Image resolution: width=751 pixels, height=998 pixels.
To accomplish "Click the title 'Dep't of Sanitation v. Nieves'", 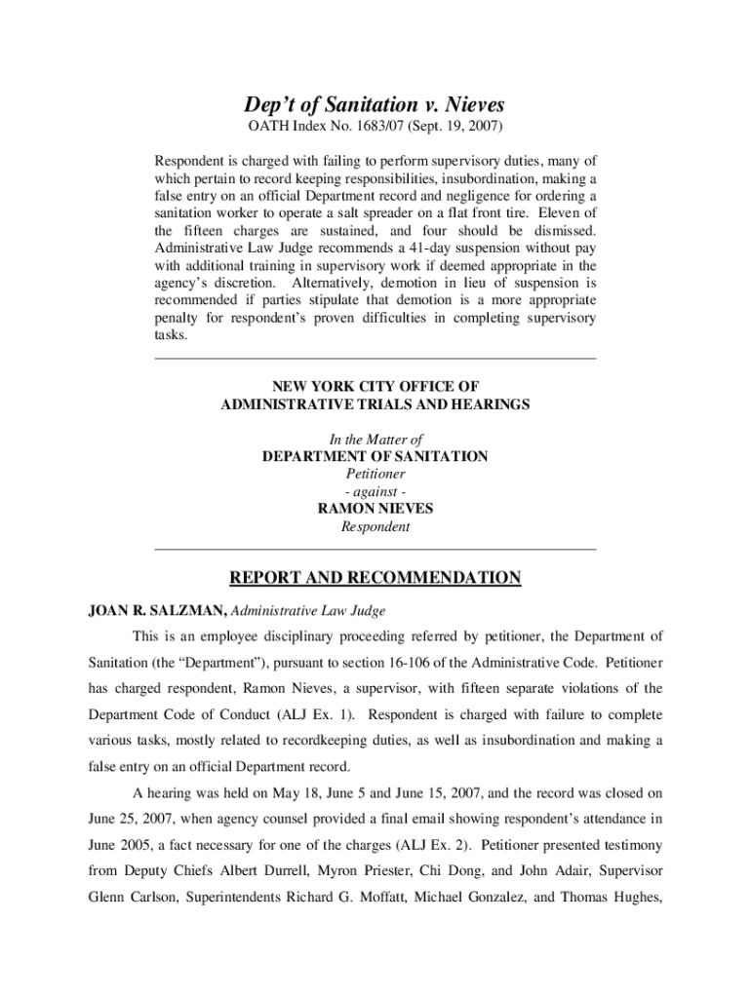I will [375, 104].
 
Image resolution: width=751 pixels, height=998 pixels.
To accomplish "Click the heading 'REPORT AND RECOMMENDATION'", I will [375, 579].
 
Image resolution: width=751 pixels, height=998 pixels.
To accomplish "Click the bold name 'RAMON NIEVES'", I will [375, 509].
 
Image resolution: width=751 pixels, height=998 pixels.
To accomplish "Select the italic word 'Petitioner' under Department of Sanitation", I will [375, 474].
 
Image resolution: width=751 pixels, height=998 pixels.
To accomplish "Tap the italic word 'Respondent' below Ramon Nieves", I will [375, 526].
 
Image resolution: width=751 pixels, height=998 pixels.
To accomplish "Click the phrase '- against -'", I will [375, 491].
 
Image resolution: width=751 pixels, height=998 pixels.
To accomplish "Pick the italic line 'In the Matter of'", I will [375, 440].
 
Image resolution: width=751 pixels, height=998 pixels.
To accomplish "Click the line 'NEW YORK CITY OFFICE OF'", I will [375, 387].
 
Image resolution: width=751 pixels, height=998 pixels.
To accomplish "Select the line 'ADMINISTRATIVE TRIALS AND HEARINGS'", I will [375, 403].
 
